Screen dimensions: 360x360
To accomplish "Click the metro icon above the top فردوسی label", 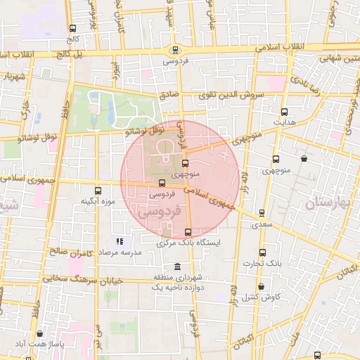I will (x=174, y=49).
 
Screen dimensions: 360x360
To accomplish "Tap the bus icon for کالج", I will (x=73, y=29).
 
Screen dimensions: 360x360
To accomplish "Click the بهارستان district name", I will (x=330, y=205).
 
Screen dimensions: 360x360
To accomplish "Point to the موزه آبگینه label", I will (x=97, y=201).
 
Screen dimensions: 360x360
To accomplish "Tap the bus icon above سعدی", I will (x=261, y=212).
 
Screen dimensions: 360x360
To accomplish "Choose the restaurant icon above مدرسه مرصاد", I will (x=119, y=241).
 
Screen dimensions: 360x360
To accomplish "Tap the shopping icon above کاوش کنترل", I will (x=261, y=287).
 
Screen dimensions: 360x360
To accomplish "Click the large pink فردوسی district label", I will (x=158, y=210).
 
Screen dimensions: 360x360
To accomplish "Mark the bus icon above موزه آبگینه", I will (x=97, y=190).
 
